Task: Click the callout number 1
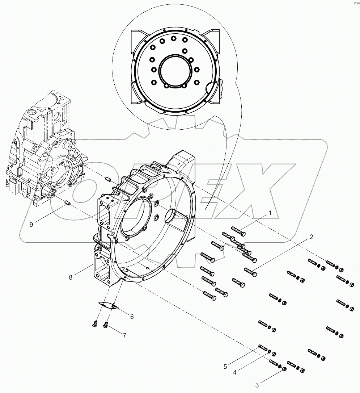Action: coord(269,214)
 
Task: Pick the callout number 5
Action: coord(225,367)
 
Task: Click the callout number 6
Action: coord(132,317)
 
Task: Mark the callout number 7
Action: coord(124,335)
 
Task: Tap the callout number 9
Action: coord(31,224)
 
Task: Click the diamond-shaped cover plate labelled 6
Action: coord(109,305)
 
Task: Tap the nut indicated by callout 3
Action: coord(284,369)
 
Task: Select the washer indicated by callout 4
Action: coord(270,351)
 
